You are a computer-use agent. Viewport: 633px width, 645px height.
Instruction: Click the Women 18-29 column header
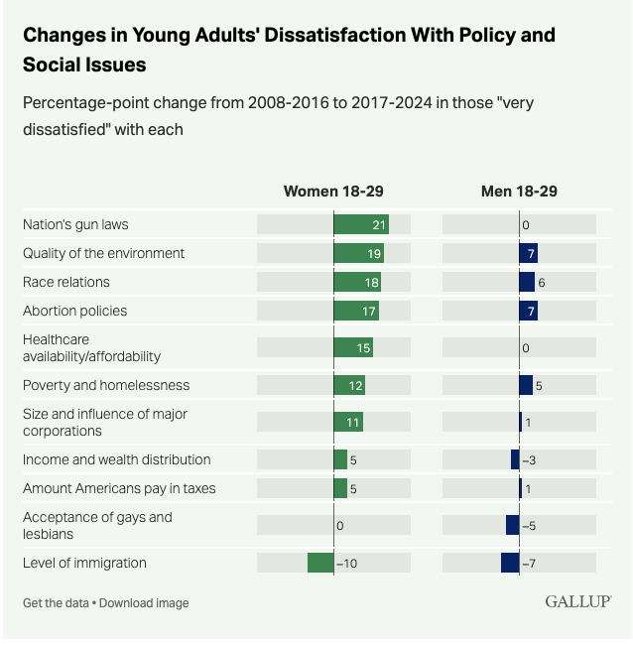pos(332,192)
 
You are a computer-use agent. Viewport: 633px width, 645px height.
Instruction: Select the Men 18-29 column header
pos(520,192)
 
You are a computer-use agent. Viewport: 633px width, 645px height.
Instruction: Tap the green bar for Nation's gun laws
pos(360,224)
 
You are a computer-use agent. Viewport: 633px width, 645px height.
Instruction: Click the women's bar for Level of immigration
pos(320,563)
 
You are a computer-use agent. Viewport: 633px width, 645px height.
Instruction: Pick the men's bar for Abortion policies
pos(528,311)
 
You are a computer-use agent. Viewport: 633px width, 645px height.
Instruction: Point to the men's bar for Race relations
pos(527,282)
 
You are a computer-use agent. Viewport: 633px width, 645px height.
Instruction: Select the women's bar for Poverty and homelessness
pos(349,385)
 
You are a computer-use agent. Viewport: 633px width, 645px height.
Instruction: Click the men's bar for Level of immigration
pos(510,563)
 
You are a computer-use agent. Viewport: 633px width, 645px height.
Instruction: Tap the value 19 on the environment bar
pos(374,253)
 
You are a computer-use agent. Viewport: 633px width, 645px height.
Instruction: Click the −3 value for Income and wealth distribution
pos(531,459)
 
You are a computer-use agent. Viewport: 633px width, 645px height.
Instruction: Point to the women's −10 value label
pos(346,563)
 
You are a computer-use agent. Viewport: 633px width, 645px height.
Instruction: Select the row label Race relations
pos(66,282)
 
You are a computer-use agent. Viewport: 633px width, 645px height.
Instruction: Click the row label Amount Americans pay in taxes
pos(119,488)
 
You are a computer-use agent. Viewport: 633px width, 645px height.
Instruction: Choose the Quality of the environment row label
pos(104,253)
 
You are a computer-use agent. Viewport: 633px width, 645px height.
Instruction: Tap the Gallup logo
pos(577,601)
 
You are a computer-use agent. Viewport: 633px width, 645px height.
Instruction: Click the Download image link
pos(144,603)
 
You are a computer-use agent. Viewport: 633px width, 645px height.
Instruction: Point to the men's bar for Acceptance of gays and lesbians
pos(512,525)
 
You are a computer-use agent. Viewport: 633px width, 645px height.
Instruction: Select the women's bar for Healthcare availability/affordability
pos(353,347)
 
